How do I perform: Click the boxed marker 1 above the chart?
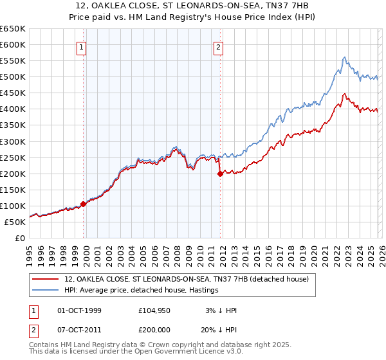[82, 47]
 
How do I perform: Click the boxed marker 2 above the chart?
[219, 47]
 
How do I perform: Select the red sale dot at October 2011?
[220, 174]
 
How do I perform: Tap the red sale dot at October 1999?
[84, 204]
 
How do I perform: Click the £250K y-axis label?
[12, 157]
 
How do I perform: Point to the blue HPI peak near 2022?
[345, 57]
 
